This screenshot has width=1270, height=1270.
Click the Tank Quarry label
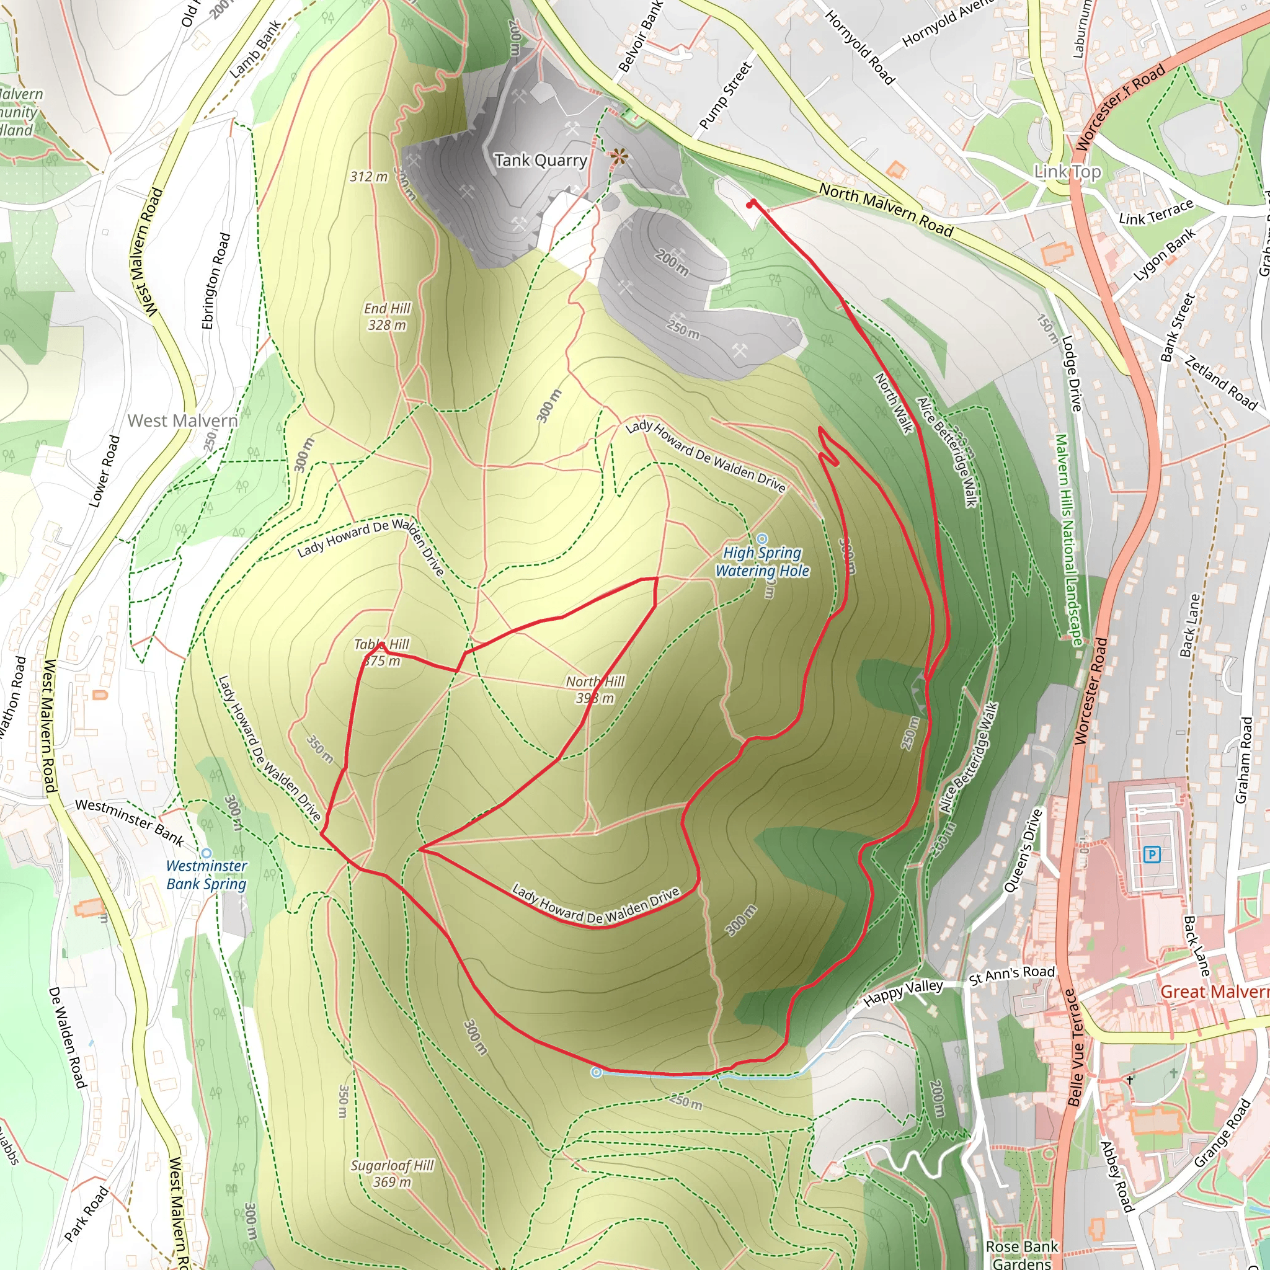coord(540,161)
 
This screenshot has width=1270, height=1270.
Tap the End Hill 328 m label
coord(387,317)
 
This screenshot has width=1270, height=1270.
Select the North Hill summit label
coord(595,690)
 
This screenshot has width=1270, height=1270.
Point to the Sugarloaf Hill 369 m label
coord(392,1173)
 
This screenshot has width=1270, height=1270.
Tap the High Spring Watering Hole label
coord(762,562)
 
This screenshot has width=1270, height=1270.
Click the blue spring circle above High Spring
coord(762,539)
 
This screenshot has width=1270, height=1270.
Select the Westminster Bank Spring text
coord(206,875)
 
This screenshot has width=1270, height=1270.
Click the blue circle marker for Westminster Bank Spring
coord(206,853)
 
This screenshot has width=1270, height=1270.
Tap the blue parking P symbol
coord(1151,855)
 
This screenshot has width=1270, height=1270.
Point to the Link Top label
coord(1068,172)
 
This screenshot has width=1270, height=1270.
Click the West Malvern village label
coord(182,420)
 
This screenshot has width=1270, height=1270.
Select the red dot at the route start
coord(750,205)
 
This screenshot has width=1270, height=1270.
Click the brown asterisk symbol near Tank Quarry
coord(618,158)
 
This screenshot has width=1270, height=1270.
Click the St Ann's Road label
coord(1011,975)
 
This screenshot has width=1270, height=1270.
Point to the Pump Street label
coord(725,95)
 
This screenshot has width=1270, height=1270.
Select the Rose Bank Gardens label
coord(1021,1255)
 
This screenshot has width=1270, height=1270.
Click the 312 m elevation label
coord(369,177)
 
